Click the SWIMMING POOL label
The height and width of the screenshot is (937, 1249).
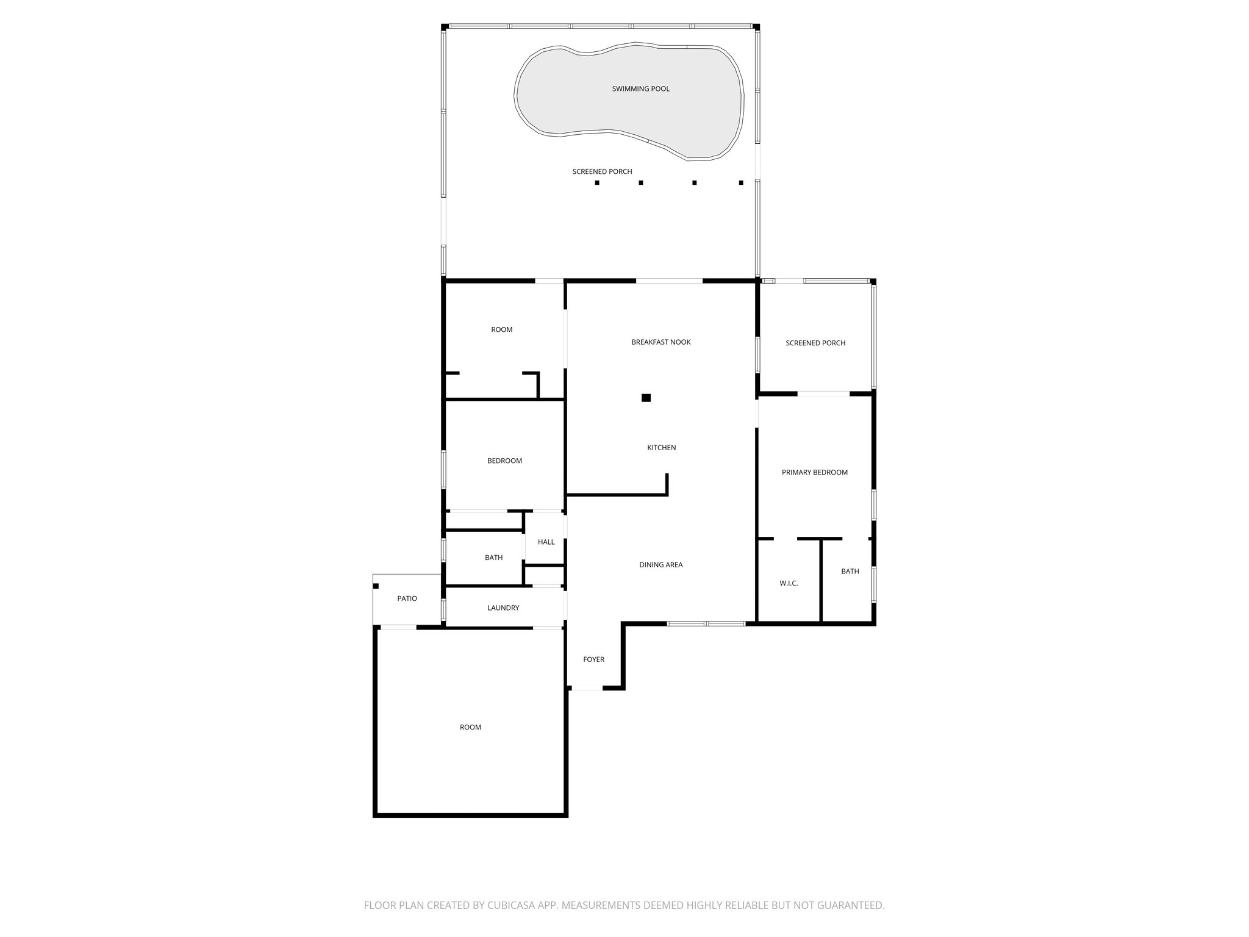[x=640, y=89]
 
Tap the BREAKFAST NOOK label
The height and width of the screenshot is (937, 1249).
[x=660, y=342]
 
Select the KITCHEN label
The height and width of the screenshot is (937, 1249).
[x=661, y=448]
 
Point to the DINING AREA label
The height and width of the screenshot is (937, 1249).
[x=660, y=565]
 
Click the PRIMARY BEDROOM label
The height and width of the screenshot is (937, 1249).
[x=814, y=472]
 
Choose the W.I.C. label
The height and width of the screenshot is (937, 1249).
[x=788, y=583]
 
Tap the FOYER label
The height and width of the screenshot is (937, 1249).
[x=593, y=659]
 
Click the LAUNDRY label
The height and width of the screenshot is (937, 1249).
[x=503, y=608]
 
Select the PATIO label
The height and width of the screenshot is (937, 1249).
[x=407, y=598]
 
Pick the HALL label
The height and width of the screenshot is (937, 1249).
[x=546, y=542]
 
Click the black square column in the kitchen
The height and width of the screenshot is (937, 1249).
[x=646, y=398]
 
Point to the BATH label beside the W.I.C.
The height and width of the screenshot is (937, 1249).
[x=850, y=572]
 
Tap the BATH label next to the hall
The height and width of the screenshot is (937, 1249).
[x=493, y=558]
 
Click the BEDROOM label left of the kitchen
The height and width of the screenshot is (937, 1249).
[x=504, y=461]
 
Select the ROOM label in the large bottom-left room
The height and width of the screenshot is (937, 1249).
[x=470, y=727]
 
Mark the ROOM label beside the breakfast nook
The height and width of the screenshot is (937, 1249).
[x=501, y=329]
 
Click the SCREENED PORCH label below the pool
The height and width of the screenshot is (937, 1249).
[x=602, y=171]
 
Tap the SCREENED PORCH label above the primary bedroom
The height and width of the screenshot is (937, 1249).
[x=815, y=343]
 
